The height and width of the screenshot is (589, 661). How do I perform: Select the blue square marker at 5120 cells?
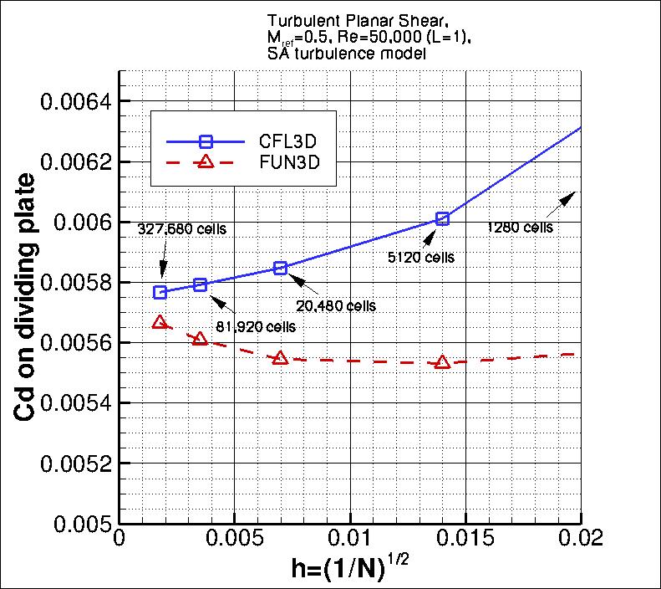443,218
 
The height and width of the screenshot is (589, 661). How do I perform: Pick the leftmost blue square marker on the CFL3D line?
160,292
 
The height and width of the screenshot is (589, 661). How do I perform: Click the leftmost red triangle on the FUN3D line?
160,322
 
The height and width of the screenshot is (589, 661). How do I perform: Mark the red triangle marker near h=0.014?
443,362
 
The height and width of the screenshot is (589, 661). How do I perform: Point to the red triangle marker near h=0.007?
281,357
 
